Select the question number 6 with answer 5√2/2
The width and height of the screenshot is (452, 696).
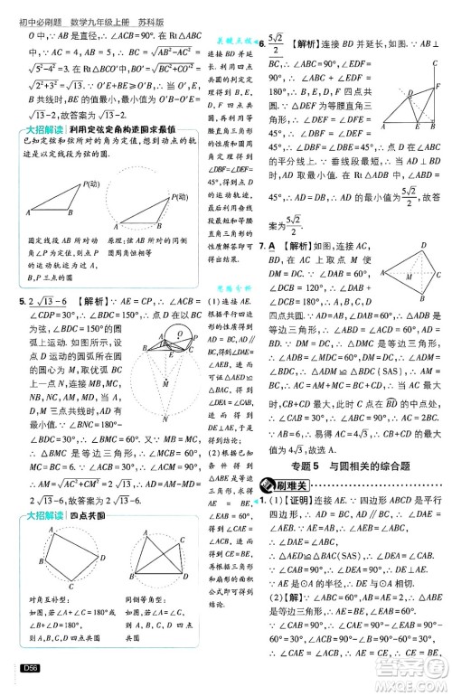click(262, 44)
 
